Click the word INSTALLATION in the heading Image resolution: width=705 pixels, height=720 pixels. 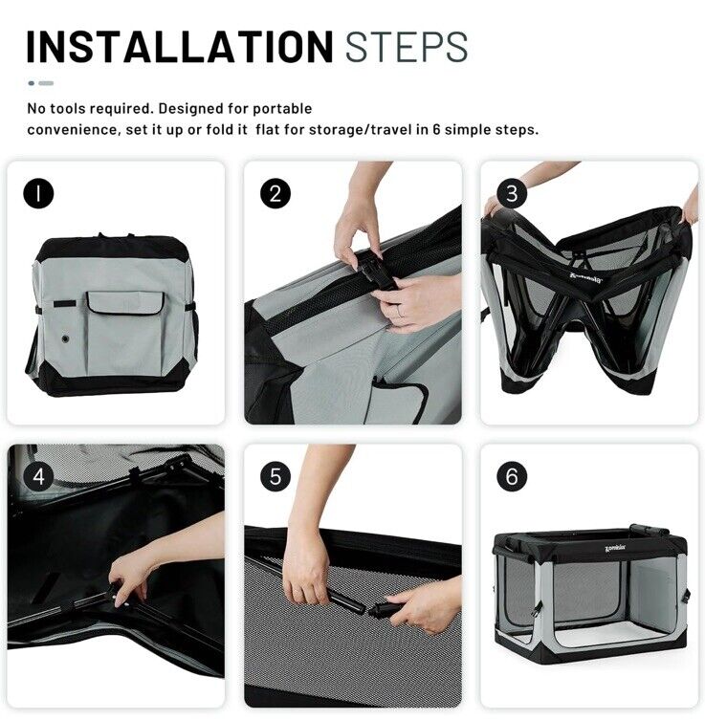click(x=180, y=47)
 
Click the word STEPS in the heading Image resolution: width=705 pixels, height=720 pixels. click(x=407, y=47)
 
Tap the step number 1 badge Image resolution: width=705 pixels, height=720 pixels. click(x=38, y=193)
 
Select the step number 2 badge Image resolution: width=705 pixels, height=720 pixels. click(x=275, y=193)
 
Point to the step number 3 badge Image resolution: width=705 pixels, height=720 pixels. click(x=512, y=193)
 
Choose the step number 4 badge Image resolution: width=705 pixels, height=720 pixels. click(x=38, y=476)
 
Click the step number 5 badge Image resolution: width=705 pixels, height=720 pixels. click(x=275, y=476)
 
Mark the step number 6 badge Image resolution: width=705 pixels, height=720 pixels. click(x=512, y=476)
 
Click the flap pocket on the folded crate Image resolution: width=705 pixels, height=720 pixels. click(x=124, y=303)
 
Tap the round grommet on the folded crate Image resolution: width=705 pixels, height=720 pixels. click(x=66, y=339)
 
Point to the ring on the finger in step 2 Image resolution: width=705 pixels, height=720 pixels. click(x=401, y=313)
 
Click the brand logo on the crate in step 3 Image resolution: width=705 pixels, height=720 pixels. click(x=585, y=278)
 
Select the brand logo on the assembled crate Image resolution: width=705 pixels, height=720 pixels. click(x=615, y=548)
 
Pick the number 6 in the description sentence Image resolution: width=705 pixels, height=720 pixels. click(x=436, y=129)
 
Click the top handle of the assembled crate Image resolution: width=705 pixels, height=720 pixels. click(x=649, y=530)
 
